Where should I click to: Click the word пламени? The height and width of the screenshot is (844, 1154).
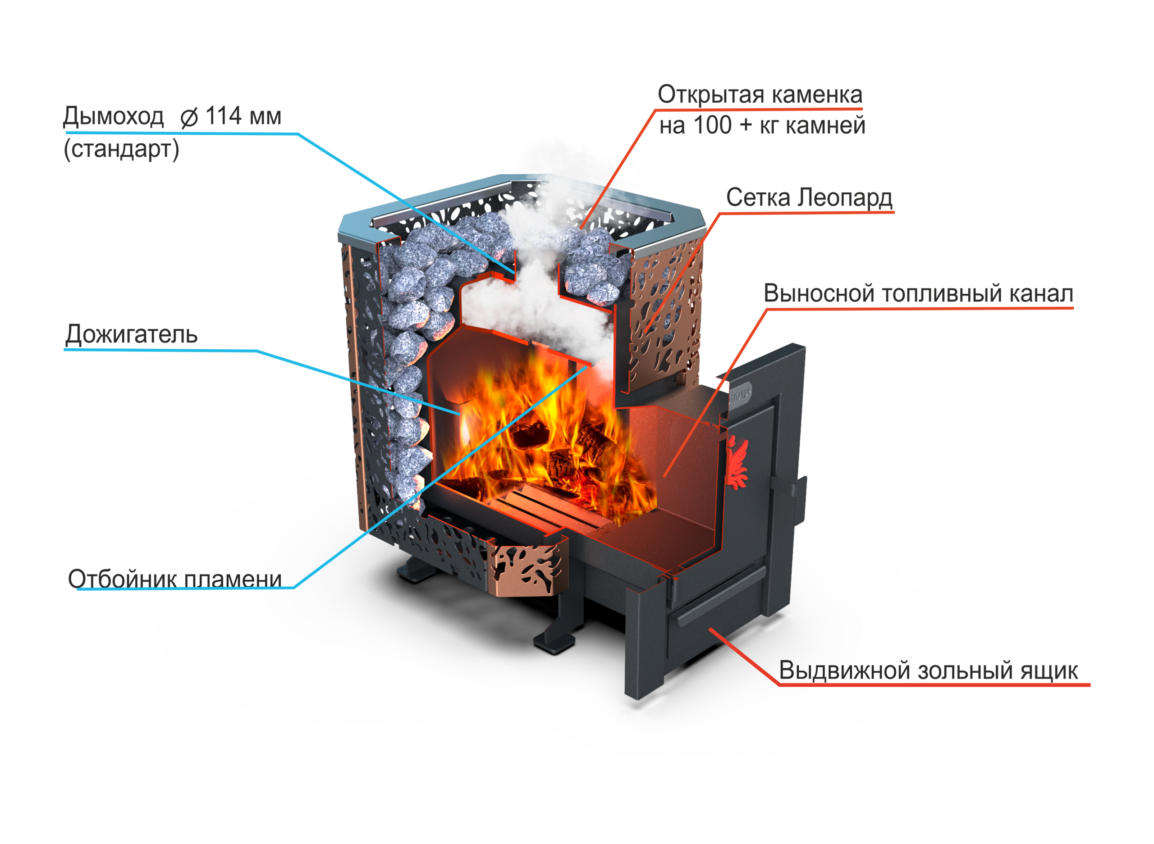(x=233, y=579)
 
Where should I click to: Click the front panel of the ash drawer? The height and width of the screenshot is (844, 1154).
(x=715, y=644)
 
